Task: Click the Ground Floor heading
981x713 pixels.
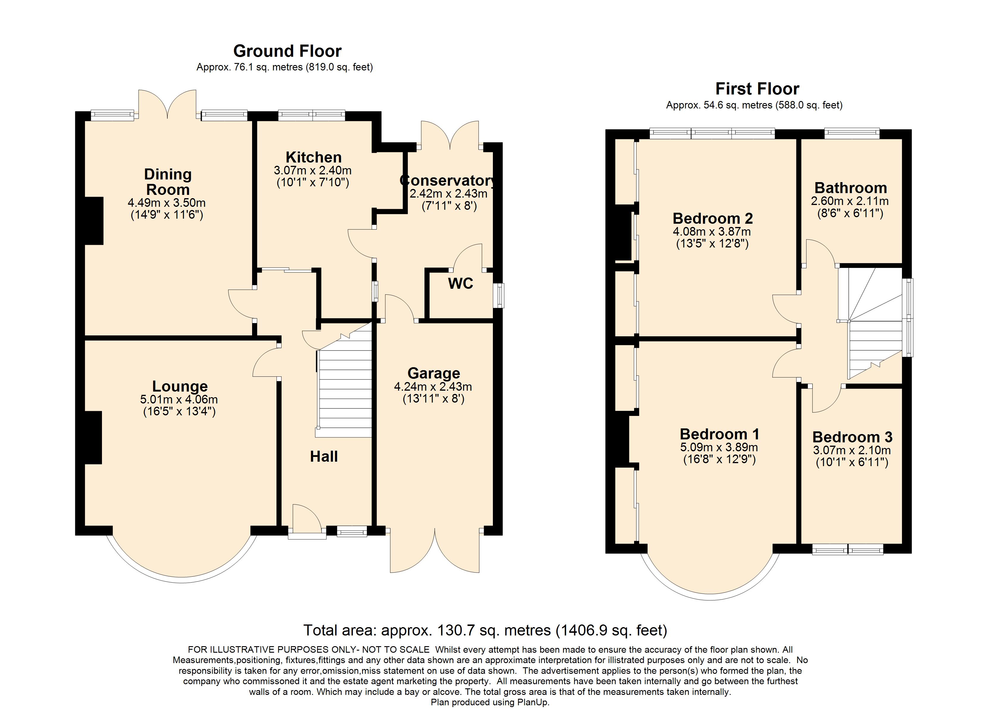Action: coord(287,51)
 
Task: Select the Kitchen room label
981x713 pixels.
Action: coord(314,157)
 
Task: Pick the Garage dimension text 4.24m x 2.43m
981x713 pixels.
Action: coord(433,387)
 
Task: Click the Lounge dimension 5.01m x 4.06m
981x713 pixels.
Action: coord(179,400)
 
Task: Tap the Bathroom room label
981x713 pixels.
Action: coord(850,188)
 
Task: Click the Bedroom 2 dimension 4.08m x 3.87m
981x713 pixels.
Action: coord(712,231)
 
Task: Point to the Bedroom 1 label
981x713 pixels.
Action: coord(719,434)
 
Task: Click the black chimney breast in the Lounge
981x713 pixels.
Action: coord(93,438)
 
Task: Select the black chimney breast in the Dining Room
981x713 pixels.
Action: coord(94,220)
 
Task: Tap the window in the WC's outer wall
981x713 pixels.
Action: coord(499,295)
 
